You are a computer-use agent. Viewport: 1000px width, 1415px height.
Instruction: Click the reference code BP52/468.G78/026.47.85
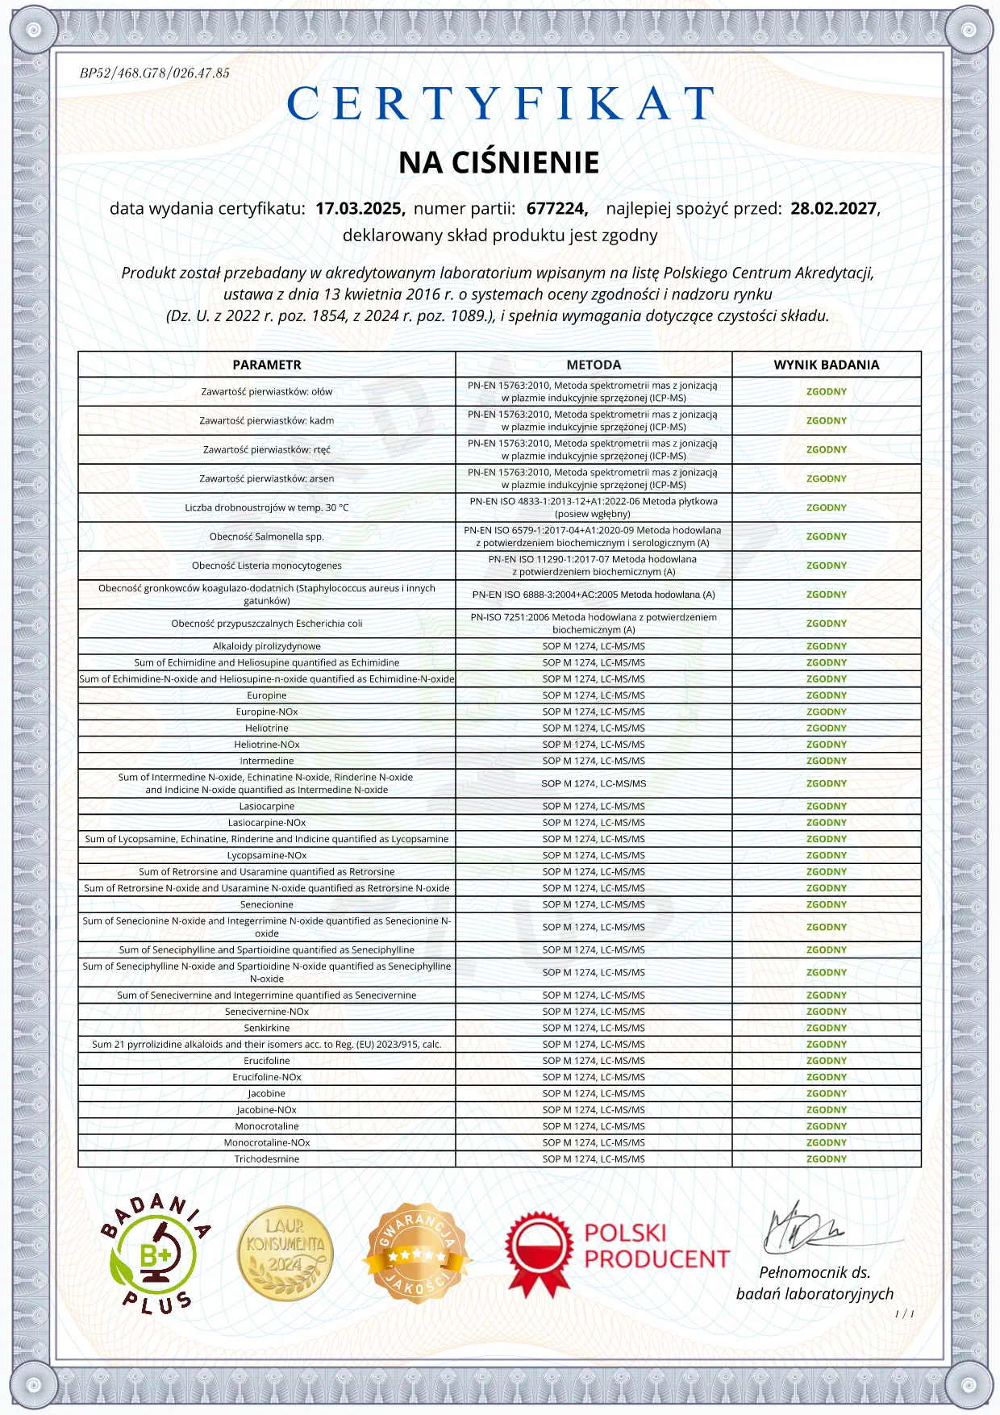[x=155, y=73]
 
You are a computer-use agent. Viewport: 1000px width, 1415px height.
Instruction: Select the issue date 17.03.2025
[x=360, y=208]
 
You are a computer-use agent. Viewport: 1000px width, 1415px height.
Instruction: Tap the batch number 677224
[x=556, y=208]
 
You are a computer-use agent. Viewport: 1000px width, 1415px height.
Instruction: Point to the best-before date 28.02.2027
[x=833, y=208]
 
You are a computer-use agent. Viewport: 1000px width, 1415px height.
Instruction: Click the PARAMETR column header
[x=267, y=365]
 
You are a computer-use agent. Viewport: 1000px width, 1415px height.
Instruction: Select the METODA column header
[x=594, y=365]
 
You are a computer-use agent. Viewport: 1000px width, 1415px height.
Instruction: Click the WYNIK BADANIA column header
[x=827, y=365]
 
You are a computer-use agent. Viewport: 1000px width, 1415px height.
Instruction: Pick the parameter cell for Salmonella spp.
[x=267, y=536]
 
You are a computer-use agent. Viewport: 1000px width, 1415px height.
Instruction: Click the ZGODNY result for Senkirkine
[x=827, y=1028]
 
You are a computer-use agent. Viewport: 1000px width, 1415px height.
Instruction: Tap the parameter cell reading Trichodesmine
[x=267, y=1159]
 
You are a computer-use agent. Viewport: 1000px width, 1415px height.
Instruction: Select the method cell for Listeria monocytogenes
[x=594, y=566]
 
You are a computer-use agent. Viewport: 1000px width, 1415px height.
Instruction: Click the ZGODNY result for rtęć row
[x=827, y=449]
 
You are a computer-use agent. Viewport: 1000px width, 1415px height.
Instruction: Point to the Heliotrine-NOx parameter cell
[x=267, y=745]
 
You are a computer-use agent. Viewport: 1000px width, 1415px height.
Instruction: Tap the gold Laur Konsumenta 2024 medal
[x=285, y=1254]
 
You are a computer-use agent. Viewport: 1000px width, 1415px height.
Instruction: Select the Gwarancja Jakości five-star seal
[x=416, y=1254]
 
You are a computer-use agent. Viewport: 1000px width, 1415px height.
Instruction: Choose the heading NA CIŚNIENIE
[x=499, y=163]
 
